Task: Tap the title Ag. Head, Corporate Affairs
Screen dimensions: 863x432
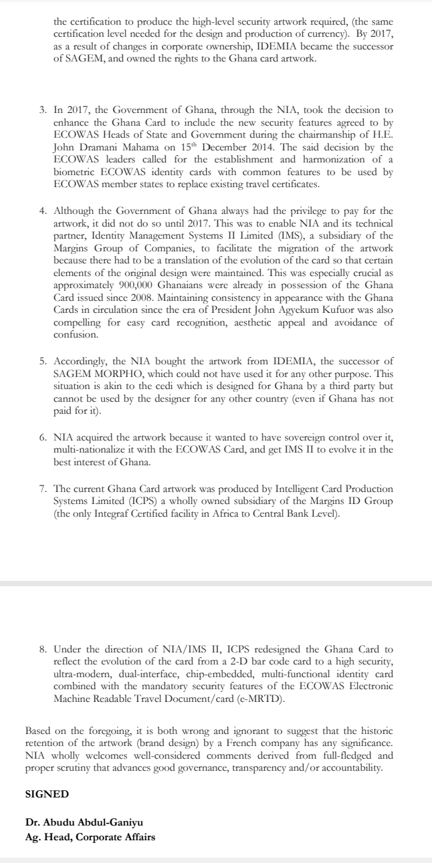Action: click(x=90, y=836)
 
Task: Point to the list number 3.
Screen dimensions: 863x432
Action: click(x=42, y=108)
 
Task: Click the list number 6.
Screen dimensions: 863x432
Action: click(x=42, y=437)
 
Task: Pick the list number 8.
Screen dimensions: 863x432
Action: click(x=42, y=648)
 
